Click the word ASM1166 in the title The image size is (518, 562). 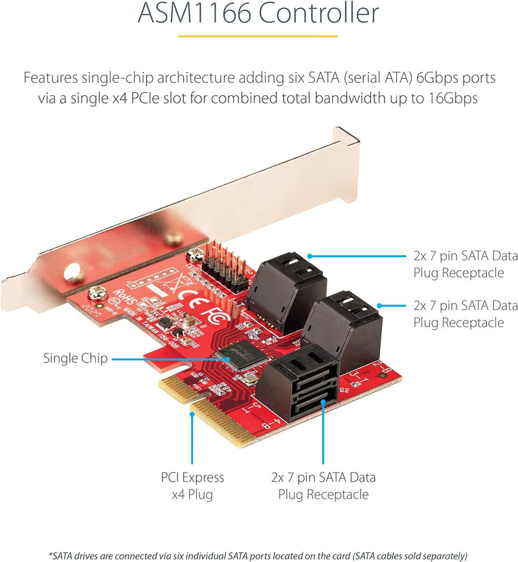click(195, 13)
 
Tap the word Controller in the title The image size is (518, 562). click(319, 13)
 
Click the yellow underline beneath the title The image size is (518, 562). click(258, 36)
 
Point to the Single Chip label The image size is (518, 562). click(75, 358)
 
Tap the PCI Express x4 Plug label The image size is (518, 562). click(192, 486)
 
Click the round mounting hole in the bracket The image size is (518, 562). click(73, 272)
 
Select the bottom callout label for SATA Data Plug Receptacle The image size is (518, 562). click(323, 486)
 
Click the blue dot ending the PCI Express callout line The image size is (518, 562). click(192, 414)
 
